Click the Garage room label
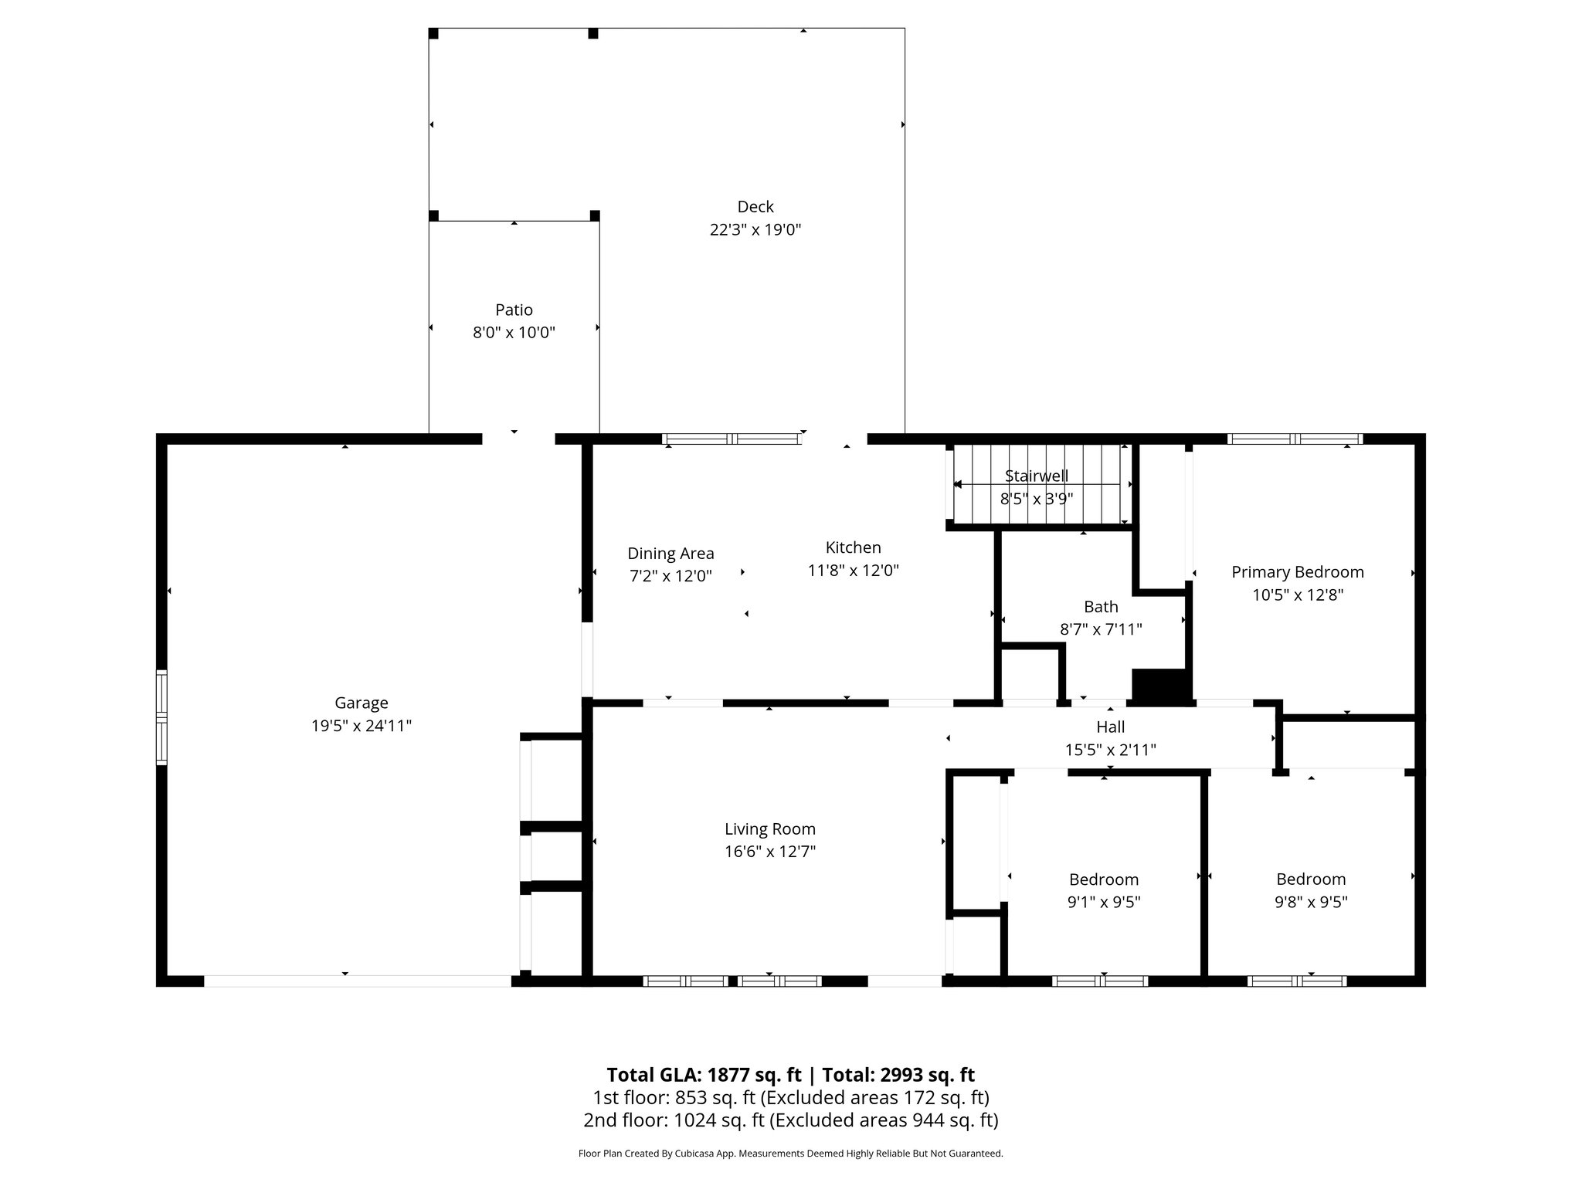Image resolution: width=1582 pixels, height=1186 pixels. tap(361, 703)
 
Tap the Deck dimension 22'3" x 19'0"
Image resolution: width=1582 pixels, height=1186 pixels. tap(755, 230)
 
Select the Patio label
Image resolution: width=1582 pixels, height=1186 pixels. tap(514, 310)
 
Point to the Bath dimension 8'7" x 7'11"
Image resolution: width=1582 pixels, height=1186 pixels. tap(1100, 629)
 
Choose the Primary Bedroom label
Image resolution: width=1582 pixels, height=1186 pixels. tap(1297, 572)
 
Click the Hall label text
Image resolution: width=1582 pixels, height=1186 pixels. tap(1110, 727)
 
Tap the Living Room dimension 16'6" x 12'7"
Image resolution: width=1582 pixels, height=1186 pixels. tap(769, 852)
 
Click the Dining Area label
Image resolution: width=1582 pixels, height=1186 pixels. tap(670, 554)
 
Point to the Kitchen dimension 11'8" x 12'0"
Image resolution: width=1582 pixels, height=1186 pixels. tap(853, 571)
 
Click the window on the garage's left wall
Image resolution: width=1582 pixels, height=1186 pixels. tap(161, 717)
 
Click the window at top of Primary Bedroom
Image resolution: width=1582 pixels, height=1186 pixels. tap(1295, 439)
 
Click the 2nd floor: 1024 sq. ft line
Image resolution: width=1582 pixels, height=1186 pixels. tap(790, 1120)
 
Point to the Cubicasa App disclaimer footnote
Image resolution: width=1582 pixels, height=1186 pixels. tap(790, 1154)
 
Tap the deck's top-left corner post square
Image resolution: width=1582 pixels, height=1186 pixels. tap(433, 33)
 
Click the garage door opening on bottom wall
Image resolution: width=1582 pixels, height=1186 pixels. tap(357, 981)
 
